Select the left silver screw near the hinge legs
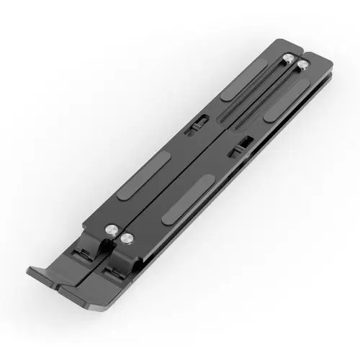(113, 230)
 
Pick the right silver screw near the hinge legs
(127, 238)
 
